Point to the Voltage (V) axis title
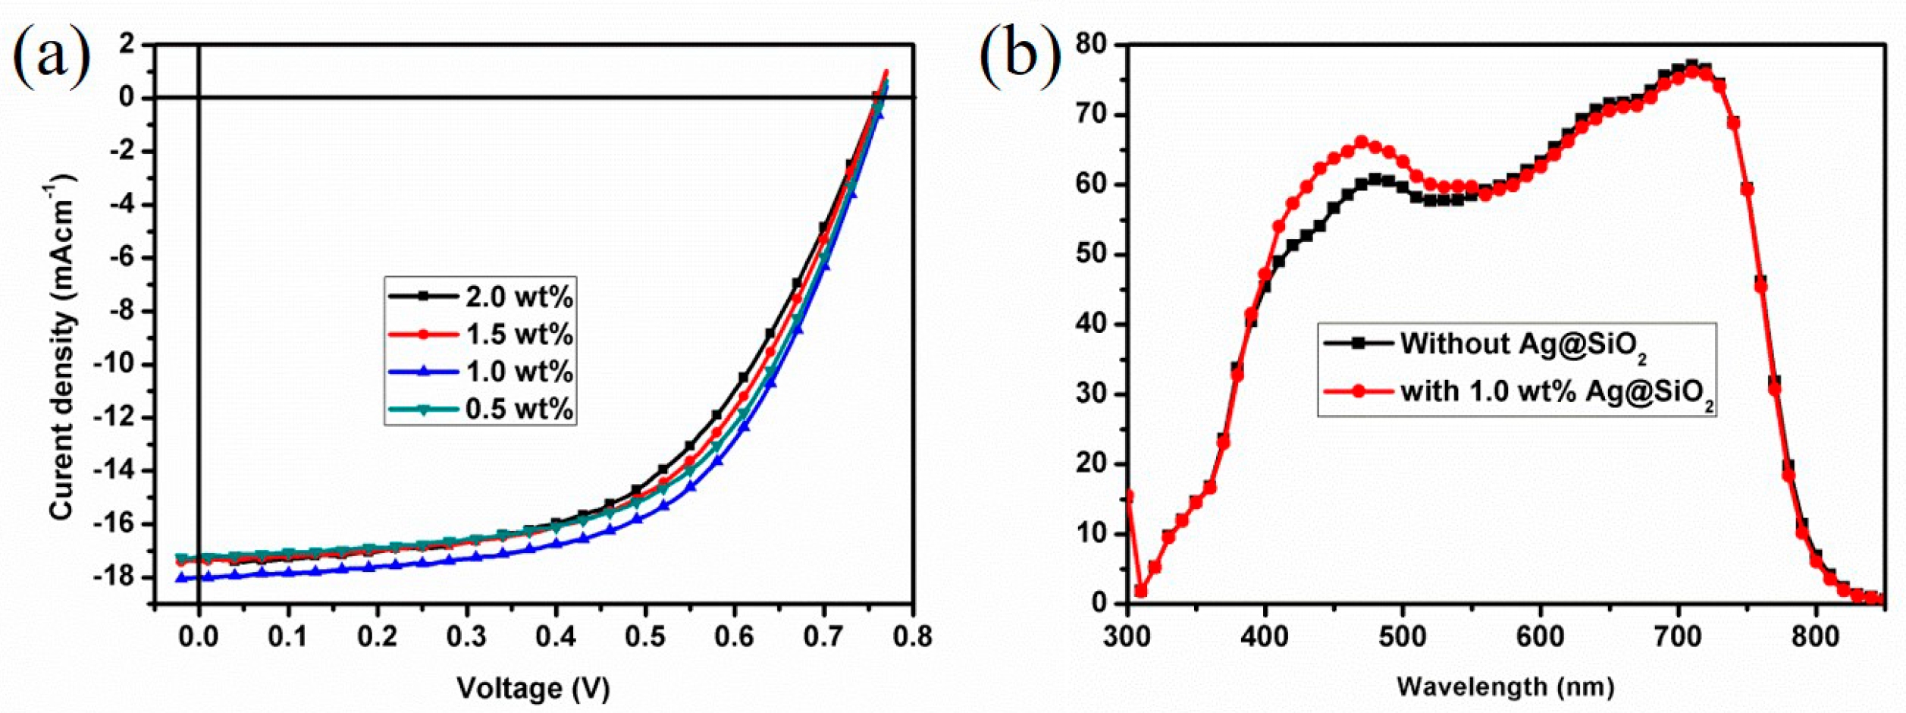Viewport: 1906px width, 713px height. pyautogui.click(x=533, y=688)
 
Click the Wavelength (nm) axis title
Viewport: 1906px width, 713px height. pyautogui.click(x=1506, y=687)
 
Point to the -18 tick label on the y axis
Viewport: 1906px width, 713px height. pyautogui.click(x=115, y=577)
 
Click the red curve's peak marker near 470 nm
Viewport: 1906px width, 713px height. pyautogui.click(x=1362, y=142)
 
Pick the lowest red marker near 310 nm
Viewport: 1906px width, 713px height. pyautogui.click(x=1141, y=591)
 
